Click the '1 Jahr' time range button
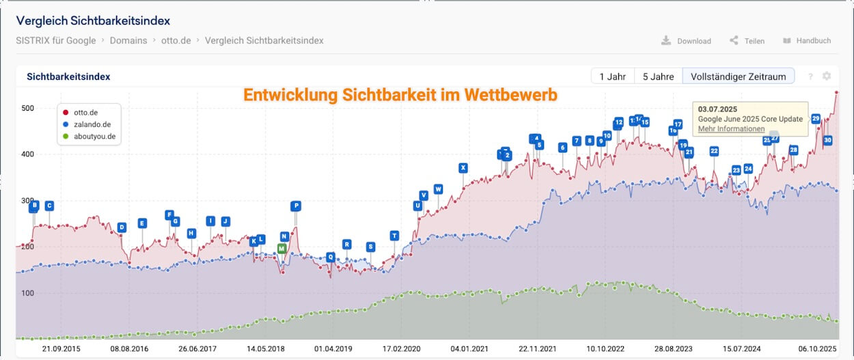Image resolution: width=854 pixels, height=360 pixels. coord(612,77)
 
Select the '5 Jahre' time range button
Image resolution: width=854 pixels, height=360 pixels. coord(658,77)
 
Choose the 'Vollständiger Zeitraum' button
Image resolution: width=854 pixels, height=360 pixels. coord(738,77)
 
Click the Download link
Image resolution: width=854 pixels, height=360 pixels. coord(687,41)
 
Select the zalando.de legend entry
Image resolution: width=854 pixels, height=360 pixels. coord(92,124)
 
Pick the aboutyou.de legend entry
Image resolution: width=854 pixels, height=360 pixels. coord(93,137)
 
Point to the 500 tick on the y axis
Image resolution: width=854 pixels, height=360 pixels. coord(27,108)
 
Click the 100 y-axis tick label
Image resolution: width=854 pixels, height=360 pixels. coord(27,293)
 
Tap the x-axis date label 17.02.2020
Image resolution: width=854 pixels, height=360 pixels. coord(402,348)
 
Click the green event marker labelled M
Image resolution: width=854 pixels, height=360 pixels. coord(281,249)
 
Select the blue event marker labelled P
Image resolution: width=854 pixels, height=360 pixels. coord(295,206)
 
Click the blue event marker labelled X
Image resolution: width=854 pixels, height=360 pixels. coord(463,167)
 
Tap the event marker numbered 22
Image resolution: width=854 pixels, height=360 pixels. coord(714,151)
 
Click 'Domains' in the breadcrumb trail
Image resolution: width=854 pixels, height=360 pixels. coord(128,40)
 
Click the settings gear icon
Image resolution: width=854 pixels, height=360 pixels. coord(827,77)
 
